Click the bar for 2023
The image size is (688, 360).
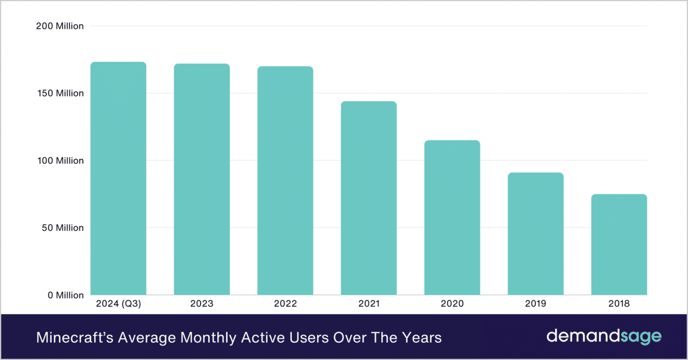(202, 179)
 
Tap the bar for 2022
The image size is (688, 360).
(285, 181)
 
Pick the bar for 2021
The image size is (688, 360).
(369, 198)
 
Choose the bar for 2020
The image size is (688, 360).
(452, 218)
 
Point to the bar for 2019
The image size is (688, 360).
(535, 234)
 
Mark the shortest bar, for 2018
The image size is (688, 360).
(619, 245)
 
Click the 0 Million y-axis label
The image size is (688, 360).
(65, 295)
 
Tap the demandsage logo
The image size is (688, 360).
(604, 336)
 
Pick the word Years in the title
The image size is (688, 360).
(424, 337)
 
